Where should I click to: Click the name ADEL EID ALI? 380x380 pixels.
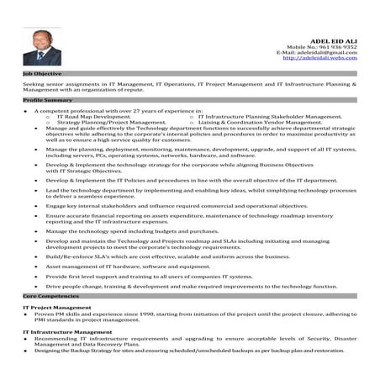(x=333, y=39)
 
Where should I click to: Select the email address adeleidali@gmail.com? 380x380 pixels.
(x=325, y=52)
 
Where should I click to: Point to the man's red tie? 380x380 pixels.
(x=40, y=56)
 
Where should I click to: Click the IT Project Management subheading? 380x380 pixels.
(x=56, y=308)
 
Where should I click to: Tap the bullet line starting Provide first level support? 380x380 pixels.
(x=149, y=276)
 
